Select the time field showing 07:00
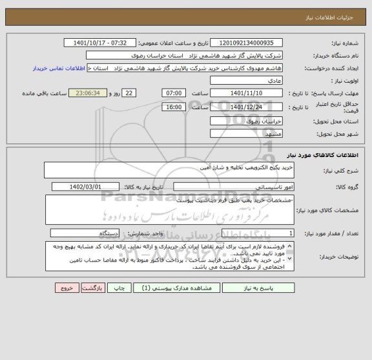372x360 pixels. tap(174, 93)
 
